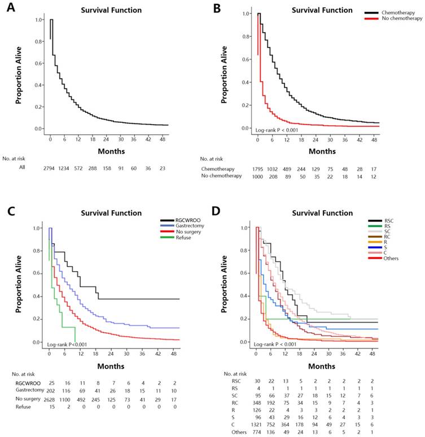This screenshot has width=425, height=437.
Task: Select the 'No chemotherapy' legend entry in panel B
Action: (402, 18)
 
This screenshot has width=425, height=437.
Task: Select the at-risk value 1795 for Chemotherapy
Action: (258, 169)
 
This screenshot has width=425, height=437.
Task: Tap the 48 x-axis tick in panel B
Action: (374, 138)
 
